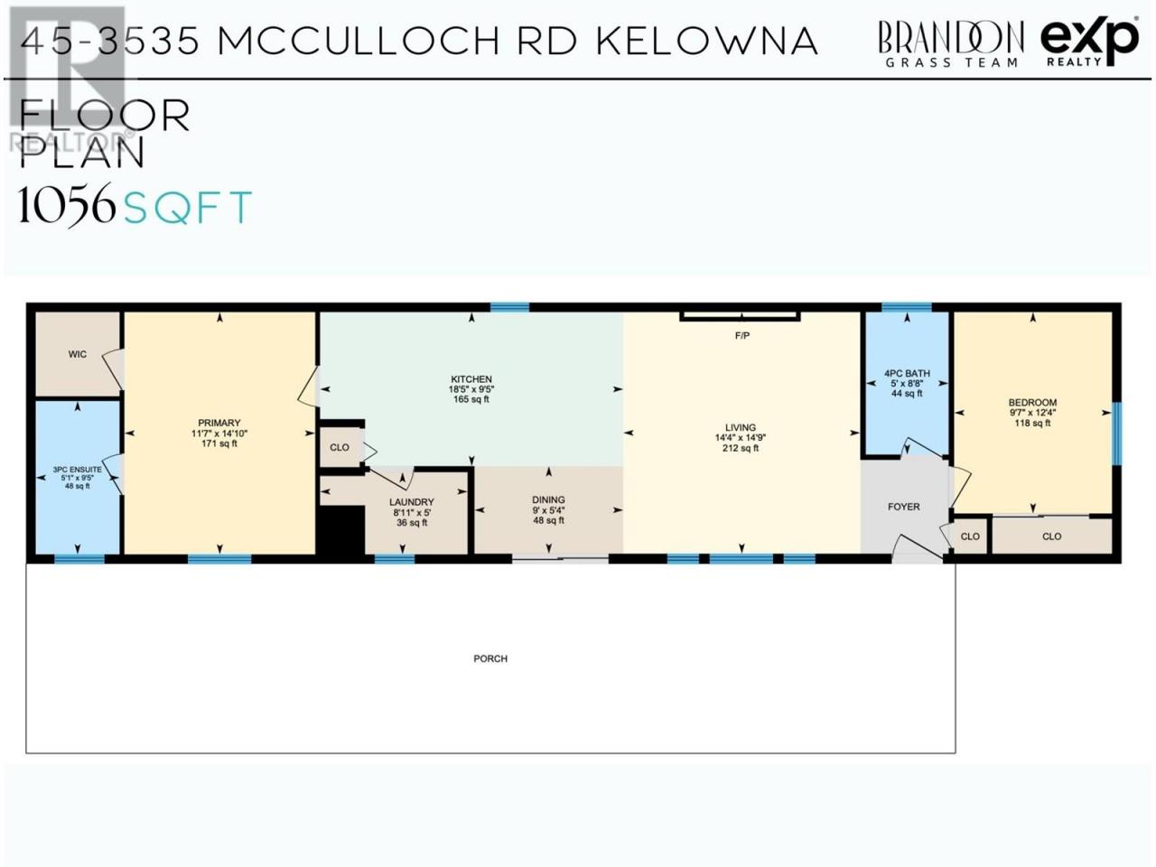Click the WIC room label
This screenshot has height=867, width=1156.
(x=78, y=354)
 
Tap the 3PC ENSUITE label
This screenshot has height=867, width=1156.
(x=77, y=469)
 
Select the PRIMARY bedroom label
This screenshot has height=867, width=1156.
(x=219, y=423)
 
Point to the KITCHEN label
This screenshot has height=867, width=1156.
(x=471, y=379)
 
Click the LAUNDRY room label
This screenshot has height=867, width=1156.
(x=411, y=502)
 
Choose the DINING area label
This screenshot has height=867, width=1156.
(x=548, y=499)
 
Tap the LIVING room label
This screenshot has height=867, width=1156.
(x=741, y=427)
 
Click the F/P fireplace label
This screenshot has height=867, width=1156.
(x=742, y=335)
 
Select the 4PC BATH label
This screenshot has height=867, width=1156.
(x=907, y=373)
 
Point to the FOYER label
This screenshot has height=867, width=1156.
(x=904, y=507)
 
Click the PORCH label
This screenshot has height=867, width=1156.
(x=490, y=658)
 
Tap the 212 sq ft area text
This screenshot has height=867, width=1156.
(x=741, y=448)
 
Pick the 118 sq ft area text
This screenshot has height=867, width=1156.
(x=1032, y=423)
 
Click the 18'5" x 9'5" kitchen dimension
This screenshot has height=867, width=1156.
(x=471, y=389)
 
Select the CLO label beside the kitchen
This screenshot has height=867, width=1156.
(x=340, y=447)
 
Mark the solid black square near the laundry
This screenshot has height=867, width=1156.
(x=340, y=529)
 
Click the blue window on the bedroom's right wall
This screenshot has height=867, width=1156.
(x=1116, y=433)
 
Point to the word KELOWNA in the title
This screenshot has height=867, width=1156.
(x=707, y=41)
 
